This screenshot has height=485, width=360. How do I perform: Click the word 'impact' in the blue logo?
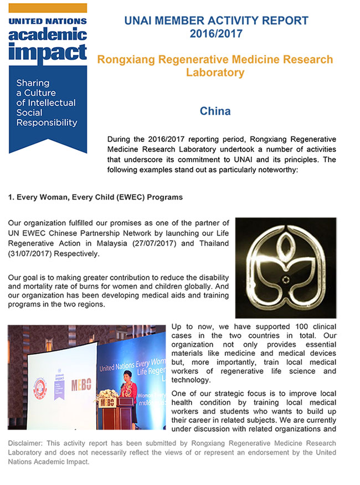tap(48, 53)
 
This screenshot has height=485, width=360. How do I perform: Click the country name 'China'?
tap(215, 111)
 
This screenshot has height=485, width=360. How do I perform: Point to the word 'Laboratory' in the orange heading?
tap(215, 73)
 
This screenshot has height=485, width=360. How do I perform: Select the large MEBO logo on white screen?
tap(81, 385)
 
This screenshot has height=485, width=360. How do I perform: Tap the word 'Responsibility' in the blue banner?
tap(47, 123)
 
